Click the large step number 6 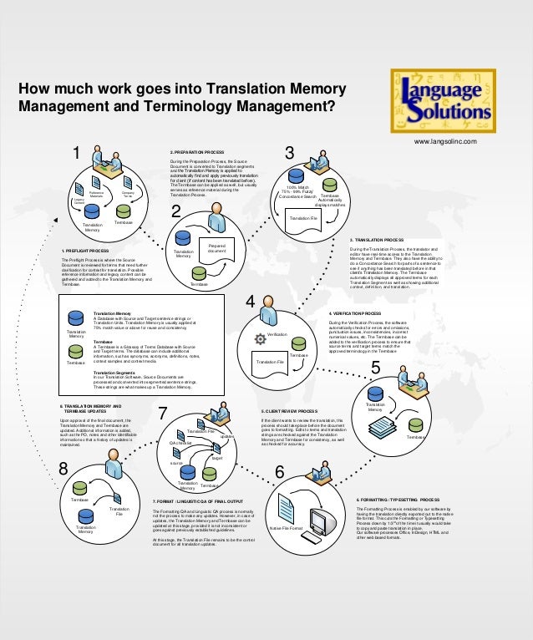point(279,474)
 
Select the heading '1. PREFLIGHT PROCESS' point(84,251)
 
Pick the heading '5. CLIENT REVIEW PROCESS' point(289,411)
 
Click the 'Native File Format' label point(286,527)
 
